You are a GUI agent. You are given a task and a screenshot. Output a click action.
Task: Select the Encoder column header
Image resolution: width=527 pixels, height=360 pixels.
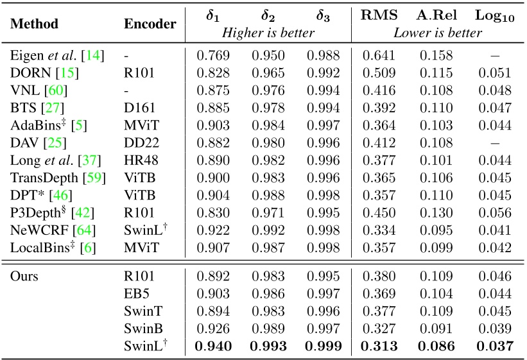coord(150,24)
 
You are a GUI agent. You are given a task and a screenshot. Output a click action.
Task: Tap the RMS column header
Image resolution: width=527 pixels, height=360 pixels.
coord(379,16)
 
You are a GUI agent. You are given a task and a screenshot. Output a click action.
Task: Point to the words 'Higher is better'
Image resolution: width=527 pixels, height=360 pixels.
coord(268,33)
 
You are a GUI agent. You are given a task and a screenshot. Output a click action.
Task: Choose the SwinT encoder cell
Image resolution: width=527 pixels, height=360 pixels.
coord(139,313)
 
